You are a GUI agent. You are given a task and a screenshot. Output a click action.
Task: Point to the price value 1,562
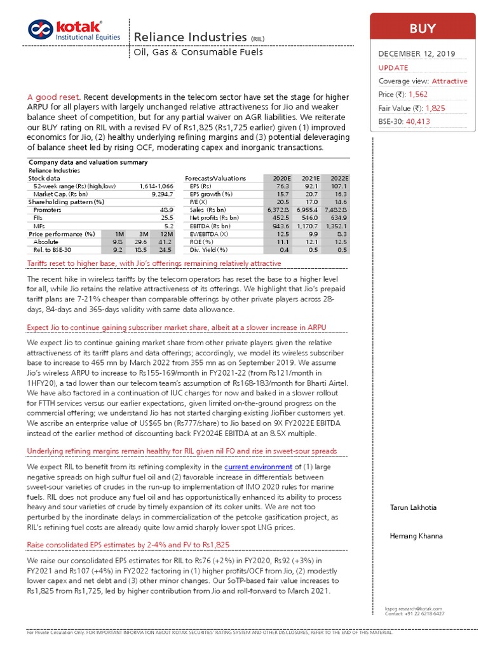point(417,95)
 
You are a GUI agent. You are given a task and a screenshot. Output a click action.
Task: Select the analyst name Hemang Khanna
point(416,537)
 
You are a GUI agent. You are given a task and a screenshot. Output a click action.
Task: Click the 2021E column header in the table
point(309,179)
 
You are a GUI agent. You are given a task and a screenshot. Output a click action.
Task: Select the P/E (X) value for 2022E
point(341,202)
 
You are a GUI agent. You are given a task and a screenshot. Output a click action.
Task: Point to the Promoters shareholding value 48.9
point(167,210)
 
